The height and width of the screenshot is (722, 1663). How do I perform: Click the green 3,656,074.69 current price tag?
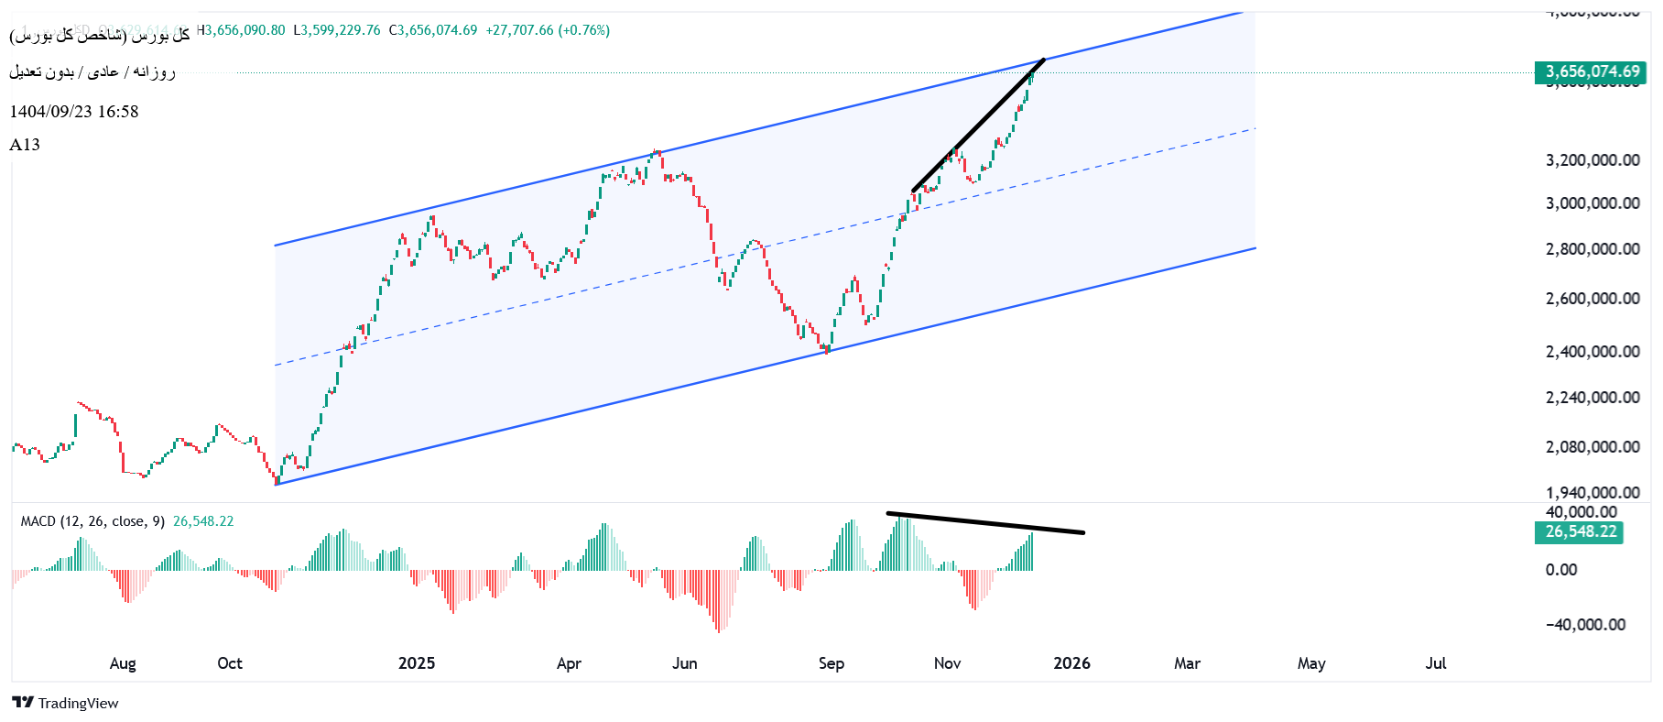[1591, 71]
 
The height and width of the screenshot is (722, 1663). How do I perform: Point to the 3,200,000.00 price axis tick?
[1592, 160]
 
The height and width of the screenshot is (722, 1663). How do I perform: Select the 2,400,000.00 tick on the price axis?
[1592, 352]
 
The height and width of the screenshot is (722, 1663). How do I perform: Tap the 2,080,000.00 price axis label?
[1592, 447]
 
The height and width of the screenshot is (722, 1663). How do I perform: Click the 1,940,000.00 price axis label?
[1592, 493]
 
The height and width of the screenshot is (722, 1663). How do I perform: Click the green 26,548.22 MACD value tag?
[1580, 531]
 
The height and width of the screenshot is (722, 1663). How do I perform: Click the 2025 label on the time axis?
[417, 663]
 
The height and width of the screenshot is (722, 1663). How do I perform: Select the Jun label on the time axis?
[685, 663]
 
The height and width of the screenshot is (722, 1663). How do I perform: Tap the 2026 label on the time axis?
[1071, 663]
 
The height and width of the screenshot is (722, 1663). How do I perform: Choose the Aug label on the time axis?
[123, 663]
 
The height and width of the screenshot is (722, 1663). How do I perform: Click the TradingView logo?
[66, 703]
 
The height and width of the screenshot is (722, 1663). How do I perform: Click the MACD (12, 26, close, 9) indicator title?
[92, 521]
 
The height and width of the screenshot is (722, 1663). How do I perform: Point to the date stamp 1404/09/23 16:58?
[74, 112]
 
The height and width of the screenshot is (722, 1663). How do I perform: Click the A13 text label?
[25, 145]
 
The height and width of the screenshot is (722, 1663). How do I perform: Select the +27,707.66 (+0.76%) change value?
[548, 30]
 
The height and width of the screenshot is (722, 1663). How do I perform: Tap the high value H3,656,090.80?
[242, 30]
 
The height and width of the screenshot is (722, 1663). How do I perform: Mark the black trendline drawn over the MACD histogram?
[985, 523]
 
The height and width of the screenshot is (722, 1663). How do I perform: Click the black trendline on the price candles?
[978, 126]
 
